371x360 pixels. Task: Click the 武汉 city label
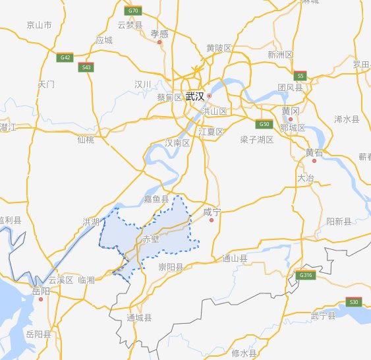194,96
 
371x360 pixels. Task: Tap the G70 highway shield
133,11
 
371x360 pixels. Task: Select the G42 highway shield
65,57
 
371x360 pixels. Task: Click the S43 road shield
86,67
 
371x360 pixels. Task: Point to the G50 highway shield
264,123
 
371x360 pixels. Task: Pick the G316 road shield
304,275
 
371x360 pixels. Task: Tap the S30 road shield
355,302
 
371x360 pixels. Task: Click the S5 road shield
300,75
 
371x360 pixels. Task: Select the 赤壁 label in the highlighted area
142,239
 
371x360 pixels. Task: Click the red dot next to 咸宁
212,220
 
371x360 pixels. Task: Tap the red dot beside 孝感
160,42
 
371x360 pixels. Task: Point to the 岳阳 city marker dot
41,299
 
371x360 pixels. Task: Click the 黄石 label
314,152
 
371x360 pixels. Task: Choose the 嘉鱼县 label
156,198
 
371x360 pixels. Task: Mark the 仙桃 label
86,139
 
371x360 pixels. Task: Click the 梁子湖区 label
256,140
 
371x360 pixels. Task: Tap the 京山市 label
39,26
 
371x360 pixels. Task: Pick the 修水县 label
244,353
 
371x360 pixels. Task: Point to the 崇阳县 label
171,267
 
